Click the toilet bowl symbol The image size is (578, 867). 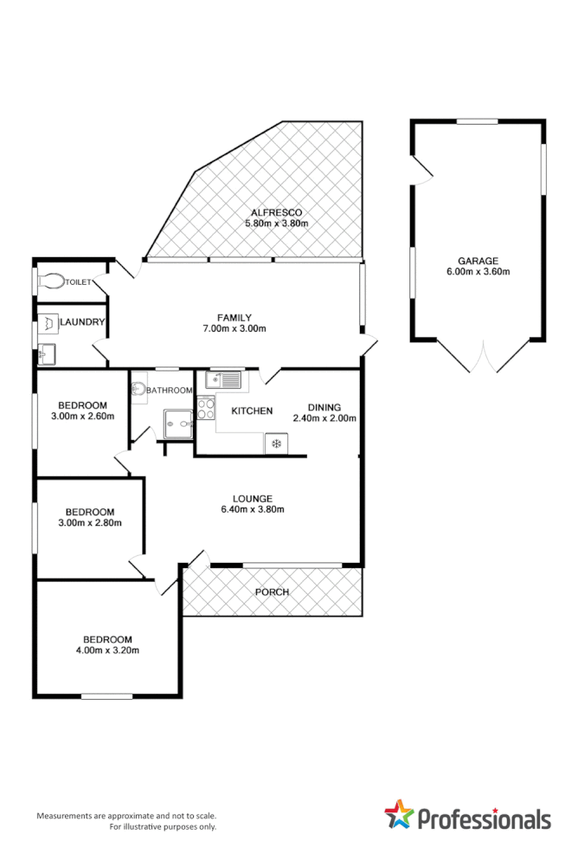[51, 281]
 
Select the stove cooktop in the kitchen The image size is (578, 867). [206, 408]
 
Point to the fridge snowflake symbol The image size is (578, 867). [276, 444]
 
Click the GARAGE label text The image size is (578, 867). [478, 260]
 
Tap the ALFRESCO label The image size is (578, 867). [275, 212]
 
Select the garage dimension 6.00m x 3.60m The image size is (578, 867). [478, 271]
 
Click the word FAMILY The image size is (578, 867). [234, 317]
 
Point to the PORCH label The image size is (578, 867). [272, 592]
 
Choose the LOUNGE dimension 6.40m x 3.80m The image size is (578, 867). [253, 509]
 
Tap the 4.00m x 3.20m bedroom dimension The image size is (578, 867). [108, 650]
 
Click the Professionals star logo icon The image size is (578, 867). [399, 815]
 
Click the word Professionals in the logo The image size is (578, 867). [484, 818]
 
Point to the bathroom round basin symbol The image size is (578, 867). [138, 391]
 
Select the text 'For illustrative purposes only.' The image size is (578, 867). [163, 827]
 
